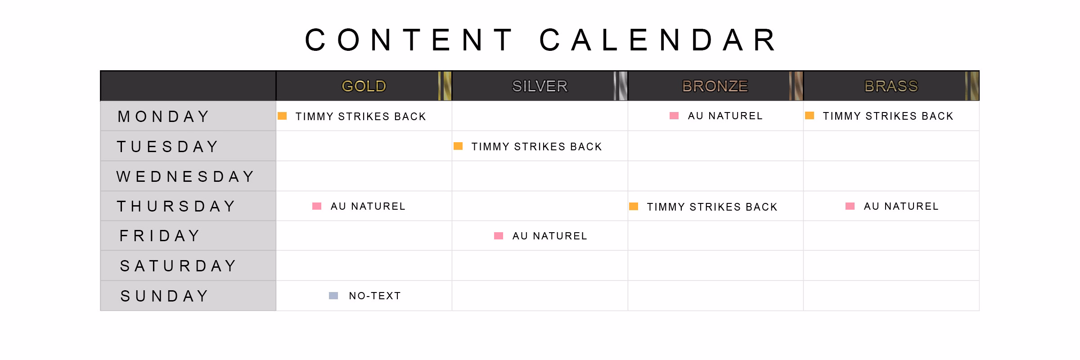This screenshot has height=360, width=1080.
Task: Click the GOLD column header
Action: (364, 86)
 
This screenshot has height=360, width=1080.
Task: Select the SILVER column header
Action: (540, 86)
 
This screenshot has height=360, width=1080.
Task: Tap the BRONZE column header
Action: (715, 86)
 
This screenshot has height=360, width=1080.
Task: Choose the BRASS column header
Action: (891, 86)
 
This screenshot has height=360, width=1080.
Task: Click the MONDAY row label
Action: (164, 117)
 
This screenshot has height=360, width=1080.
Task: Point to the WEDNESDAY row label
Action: (186, 176)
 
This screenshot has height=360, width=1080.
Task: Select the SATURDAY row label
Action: (178, 266)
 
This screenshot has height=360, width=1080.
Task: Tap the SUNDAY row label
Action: (164, 296)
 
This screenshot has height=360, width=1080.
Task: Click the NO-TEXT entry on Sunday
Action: (375, 296)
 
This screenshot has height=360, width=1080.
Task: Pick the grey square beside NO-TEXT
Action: (333, 296)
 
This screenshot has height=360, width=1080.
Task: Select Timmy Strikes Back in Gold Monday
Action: (360, 117)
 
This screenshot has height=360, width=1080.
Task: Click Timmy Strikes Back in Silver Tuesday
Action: (536, 147)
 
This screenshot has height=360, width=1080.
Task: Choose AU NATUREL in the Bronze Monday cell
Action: (725, 116)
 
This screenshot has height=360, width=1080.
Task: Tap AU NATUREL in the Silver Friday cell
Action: (550, 236)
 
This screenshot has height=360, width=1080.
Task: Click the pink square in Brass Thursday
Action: (850, 206)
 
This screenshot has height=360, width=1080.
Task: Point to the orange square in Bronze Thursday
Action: (634, 207)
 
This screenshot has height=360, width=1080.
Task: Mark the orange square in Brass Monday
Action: (810, 116)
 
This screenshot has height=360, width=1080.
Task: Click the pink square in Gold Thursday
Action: (317, 206)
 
